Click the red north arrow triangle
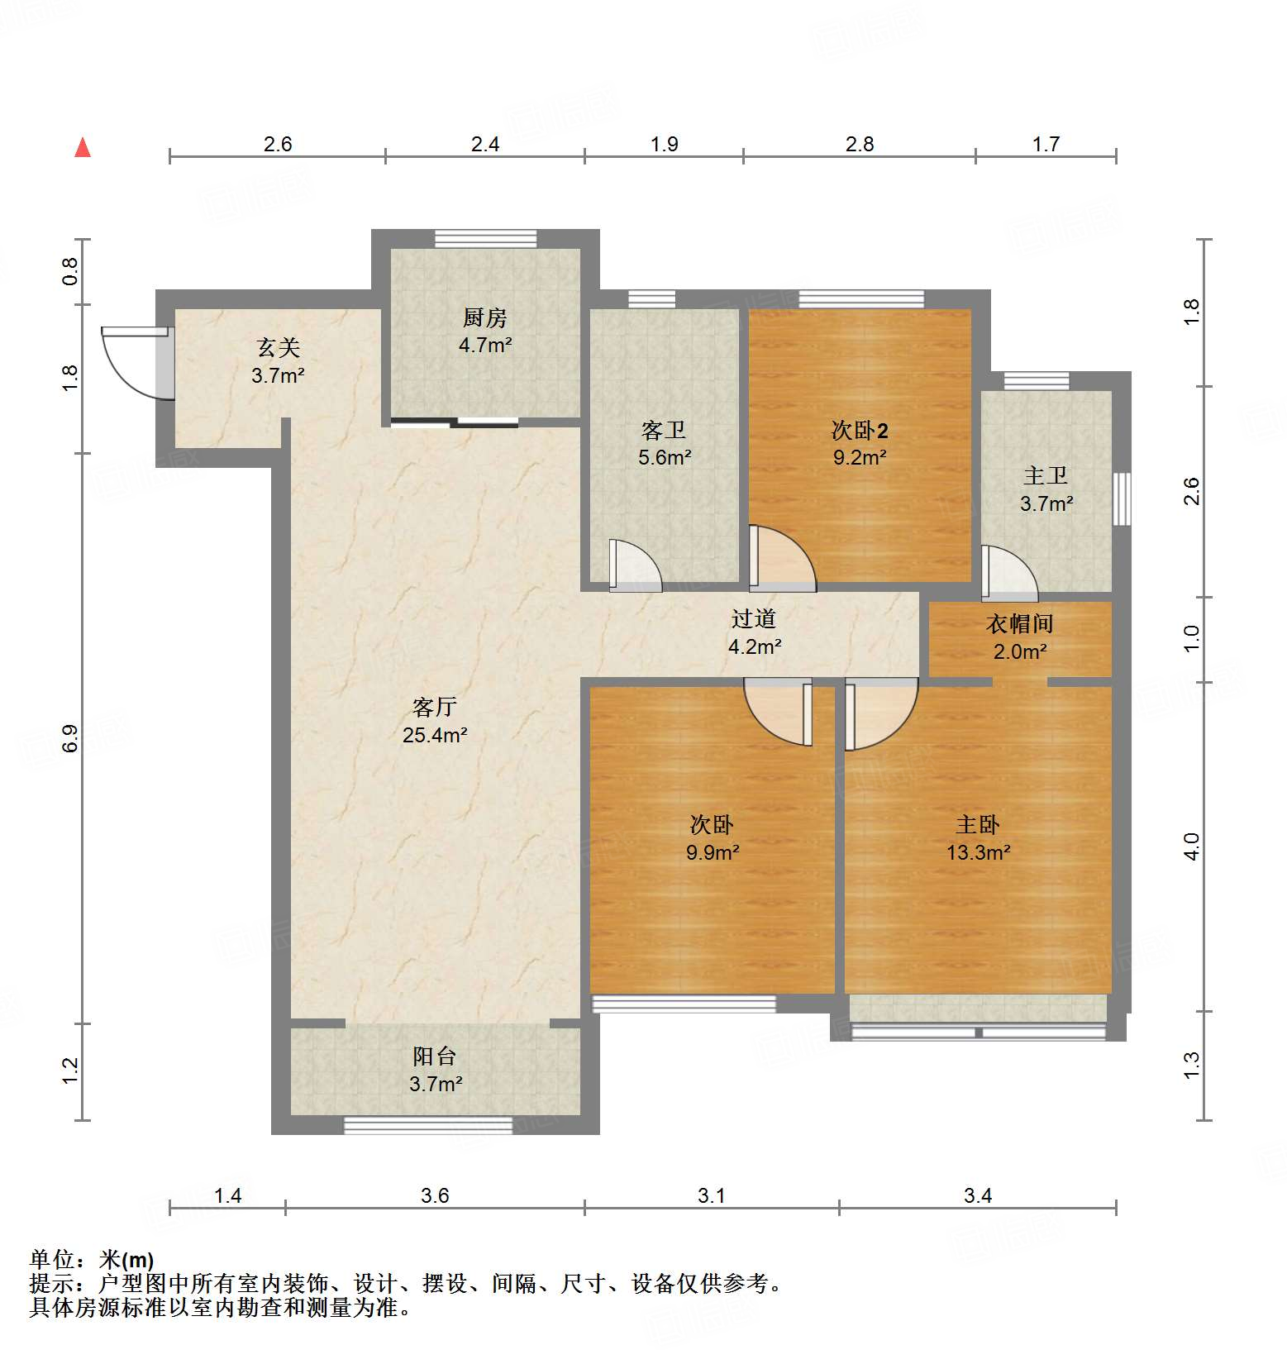(83, 148)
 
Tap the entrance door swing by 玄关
(132, 364)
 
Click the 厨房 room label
(484, 317)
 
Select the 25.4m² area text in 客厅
(435, 735)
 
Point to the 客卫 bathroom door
(635, 565)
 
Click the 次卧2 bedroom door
(781, 560)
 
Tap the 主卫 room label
(1046, 476)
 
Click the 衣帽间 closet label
(1020, 624)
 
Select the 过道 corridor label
(754, 618)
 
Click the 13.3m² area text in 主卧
(978, 852)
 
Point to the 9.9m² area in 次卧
(712, 852)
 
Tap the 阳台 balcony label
(435, 1056)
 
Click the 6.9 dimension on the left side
(70, 737)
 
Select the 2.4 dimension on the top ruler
(485, 145)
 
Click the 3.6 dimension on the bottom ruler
(435, 1195)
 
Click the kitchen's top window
(486, 239)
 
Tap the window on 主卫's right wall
(1122, 498)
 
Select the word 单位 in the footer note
(52, 1260)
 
